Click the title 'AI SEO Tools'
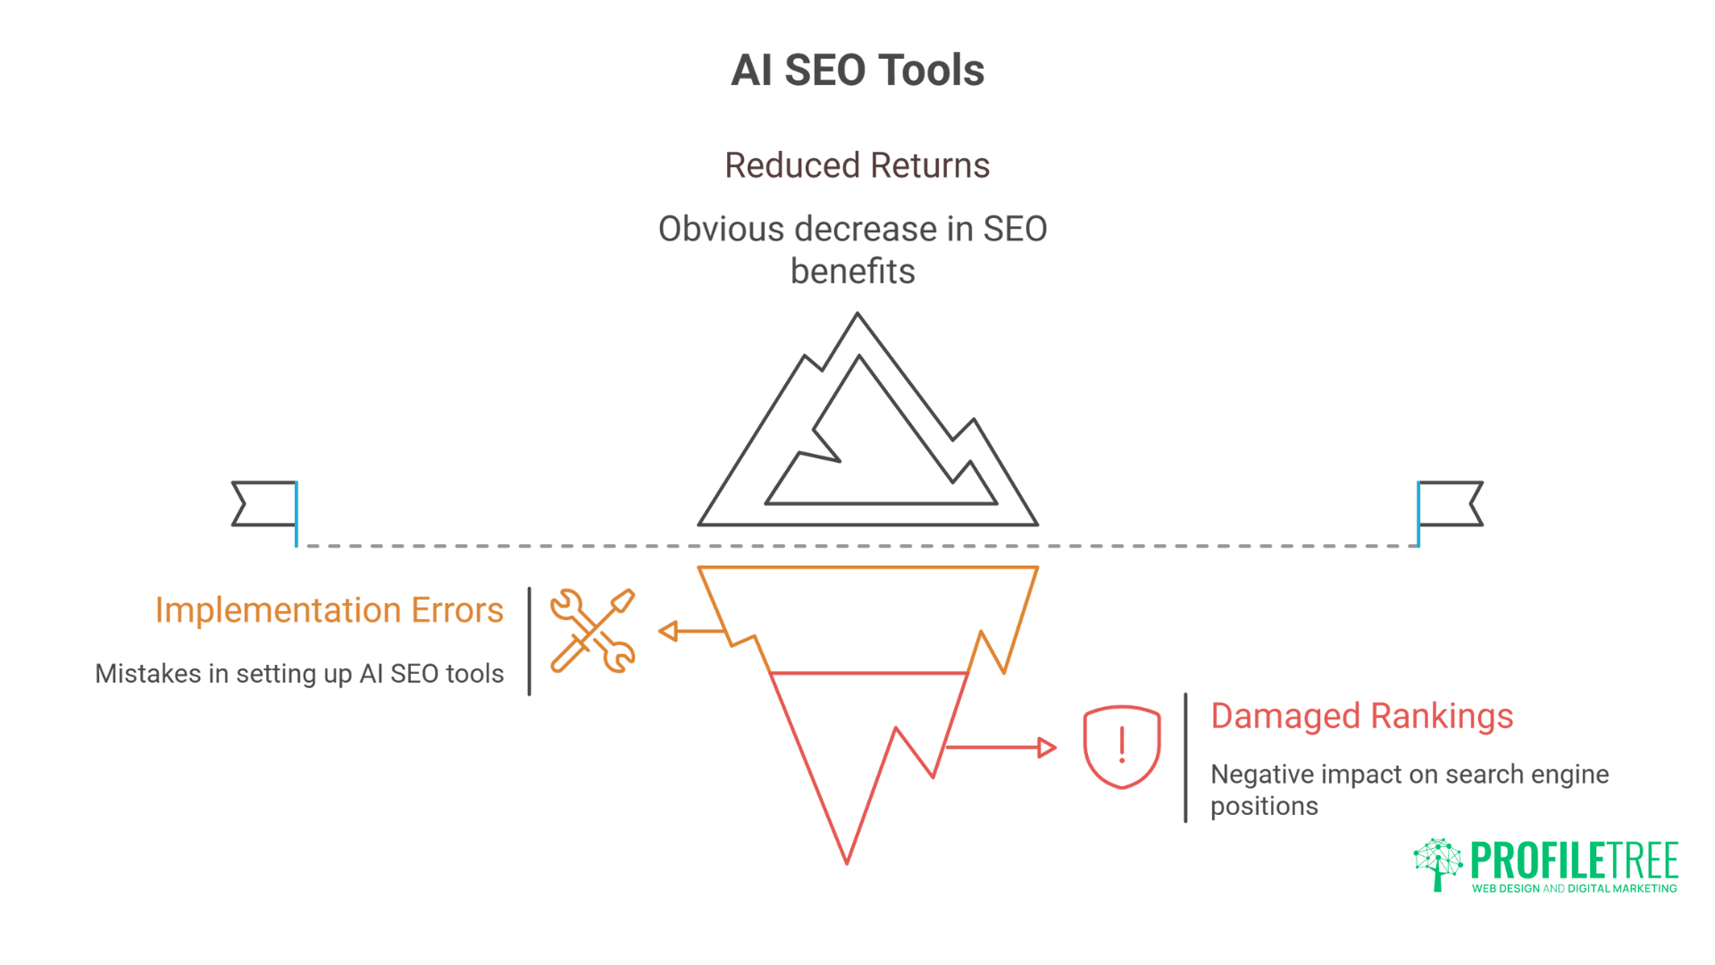click(857, 70)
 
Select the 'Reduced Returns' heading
click(857, 165)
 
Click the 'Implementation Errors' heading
click(330, 610)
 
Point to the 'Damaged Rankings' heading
click(1362, 717)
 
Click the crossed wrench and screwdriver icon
click(593, 631)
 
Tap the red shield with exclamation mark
click(1122, 746)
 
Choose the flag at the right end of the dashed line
click(1450, 504)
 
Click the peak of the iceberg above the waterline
click(857, 316)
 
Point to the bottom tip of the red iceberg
click(847, 860)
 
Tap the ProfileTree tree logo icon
click(1438, 863)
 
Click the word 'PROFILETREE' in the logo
click(1574, 860)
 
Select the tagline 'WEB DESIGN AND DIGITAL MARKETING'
click(1574, 888)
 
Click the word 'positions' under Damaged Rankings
click(1264, 807)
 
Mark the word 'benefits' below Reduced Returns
click(853, 272)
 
